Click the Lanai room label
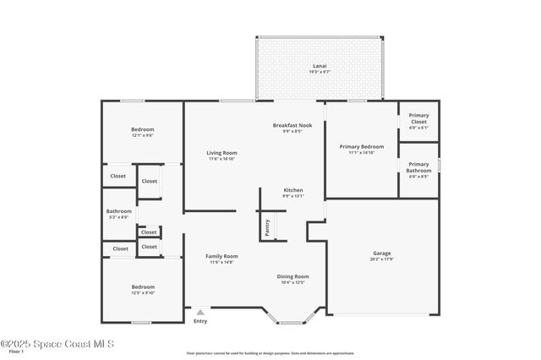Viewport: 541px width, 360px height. [x=320, y=66]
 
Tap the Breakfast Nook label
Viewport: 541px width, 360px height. [x=292, y=126]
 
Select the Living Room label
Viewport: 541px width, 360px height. [x=221, y=153]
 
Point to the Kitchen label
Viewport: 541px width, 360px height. [x=292, y=190]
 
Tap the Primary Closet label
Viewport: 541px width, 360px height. [x=418, y=118]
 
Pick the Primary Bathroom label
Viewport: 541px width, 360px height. [x=418, y=167]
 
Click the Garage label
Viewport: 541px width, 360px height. [x=382, y=254]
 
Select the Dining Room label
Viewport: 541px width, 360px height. [x=292, y=276]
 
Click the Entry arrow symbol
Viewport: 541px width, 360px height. [x=200, y=312]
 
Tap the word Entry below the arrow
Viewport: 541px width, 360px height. [x=200, y=321]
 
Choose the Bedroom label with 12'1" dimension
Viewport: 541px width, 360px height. [x=142, y=129]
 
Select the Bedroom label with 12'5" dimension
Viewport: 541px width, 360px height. [x=143, y=287]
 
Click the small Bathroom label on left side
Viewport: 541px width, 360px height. [x=118, y=211]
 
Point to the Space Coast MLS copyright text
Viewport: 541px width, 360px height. [x=57, y=343]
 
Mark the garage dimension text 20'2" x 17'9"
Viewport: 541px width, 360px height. [x=382, y=259]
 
